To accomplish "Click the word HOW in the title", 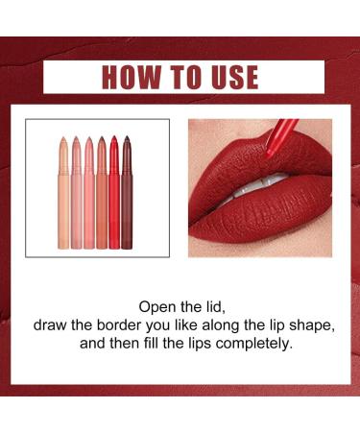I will (x=130, y=77).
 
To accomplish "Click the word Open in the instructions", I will (x=157, y=309).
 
